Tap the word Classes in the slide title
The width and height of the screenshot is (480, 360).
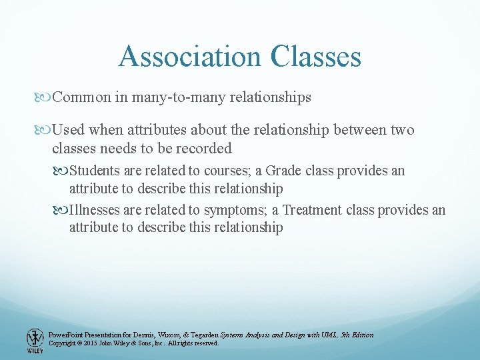point(316,56)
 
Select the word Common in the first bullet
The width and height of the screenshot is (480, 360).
point(81,97)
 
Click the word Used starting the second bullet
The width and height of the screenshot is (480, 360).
point(67,130)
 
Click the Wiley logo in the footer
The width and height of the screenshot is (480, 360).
point(35,341)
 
